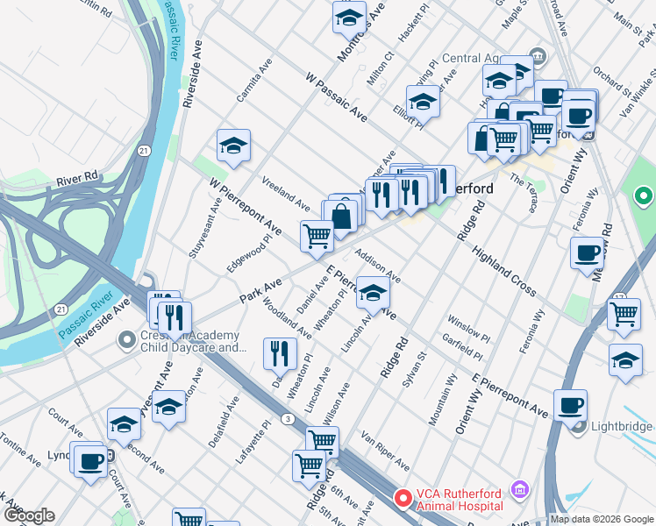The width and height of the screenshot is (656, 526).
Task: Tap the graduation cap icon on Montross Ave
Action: pos(349,18)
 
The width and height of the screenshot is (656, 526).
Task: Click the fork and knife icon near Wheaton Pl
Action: pos(280,353)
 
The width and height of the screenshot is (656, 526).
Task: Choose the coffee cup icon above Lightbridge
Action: pos(570,405)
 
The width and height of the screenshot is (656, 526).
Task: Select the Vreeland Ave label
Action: pos(286,193)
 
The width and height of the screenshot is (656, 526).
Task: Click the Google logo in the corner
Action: pos(29,515)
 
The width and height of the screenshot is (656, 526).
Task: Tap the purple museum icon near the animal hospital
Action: pos(520,487)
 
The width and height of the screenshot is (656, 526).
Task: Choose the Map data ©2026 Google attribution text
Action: pos(602,519)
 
